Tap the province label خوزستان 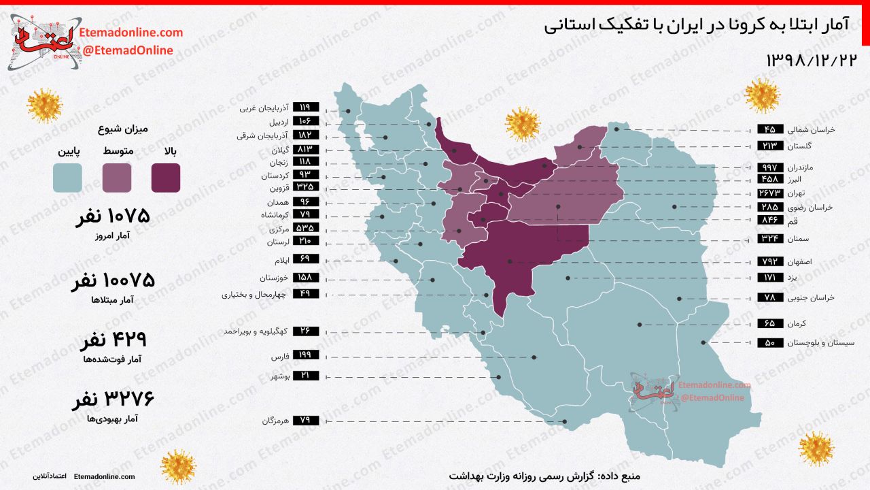(274, 278)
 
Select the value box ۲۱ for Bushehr (304, 376)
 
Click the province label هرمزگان (276, 421)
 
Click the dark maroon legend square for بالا (166, 178)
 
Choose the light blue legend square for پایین (67, 178)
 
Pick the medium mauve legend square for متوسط (117, 178)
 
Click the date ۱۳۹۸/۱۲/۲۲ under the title (812, 60)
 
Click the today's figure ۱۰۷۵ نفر (110, 218)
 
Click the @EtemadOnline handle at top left (127, 50)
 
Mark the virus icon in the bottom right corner (816, 449)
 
